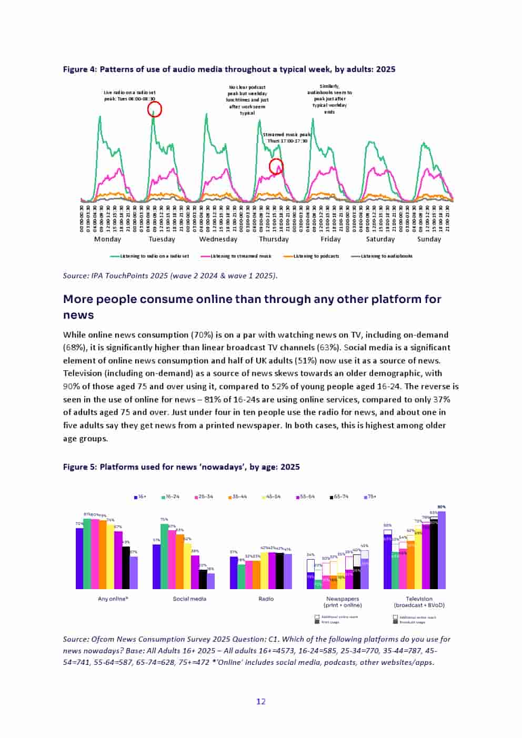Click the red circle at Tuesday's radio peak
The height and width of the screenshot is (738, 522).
coord(154,109)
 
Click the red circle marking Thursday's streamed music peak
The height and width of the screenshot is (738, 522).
coord(276,167)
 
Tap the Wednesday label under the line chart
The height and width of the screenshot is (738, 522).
coord(218,239)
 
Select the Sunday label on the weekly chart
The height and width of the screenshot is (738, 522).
coord(429,239)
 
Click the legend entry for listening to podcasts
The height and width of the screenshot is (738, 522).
coord(312,256)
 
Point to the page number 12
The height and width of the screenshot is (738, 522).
coord(261,701)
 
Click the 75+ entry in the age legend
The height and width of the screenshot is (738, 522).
coord(370,497)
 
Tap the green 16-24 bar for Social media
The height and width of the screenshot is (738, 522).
coord(164,557)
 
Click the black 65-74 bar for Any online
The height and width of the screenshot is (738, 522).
coord(126,568)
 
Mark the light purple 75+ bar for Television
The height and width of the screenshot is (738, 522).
coord(441,550)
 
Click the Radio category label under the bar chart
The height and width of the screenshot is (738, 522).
coord(266,599)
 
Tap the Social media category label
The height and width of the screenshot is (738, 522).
coord(189,599)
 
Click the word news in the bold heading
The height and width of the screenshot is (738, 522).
coord(78,315)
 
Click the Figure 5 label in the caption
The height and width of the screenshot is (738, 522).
coord(79,467)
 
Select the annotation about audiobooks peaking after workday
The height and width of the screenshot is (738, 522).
coord(329,98)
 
